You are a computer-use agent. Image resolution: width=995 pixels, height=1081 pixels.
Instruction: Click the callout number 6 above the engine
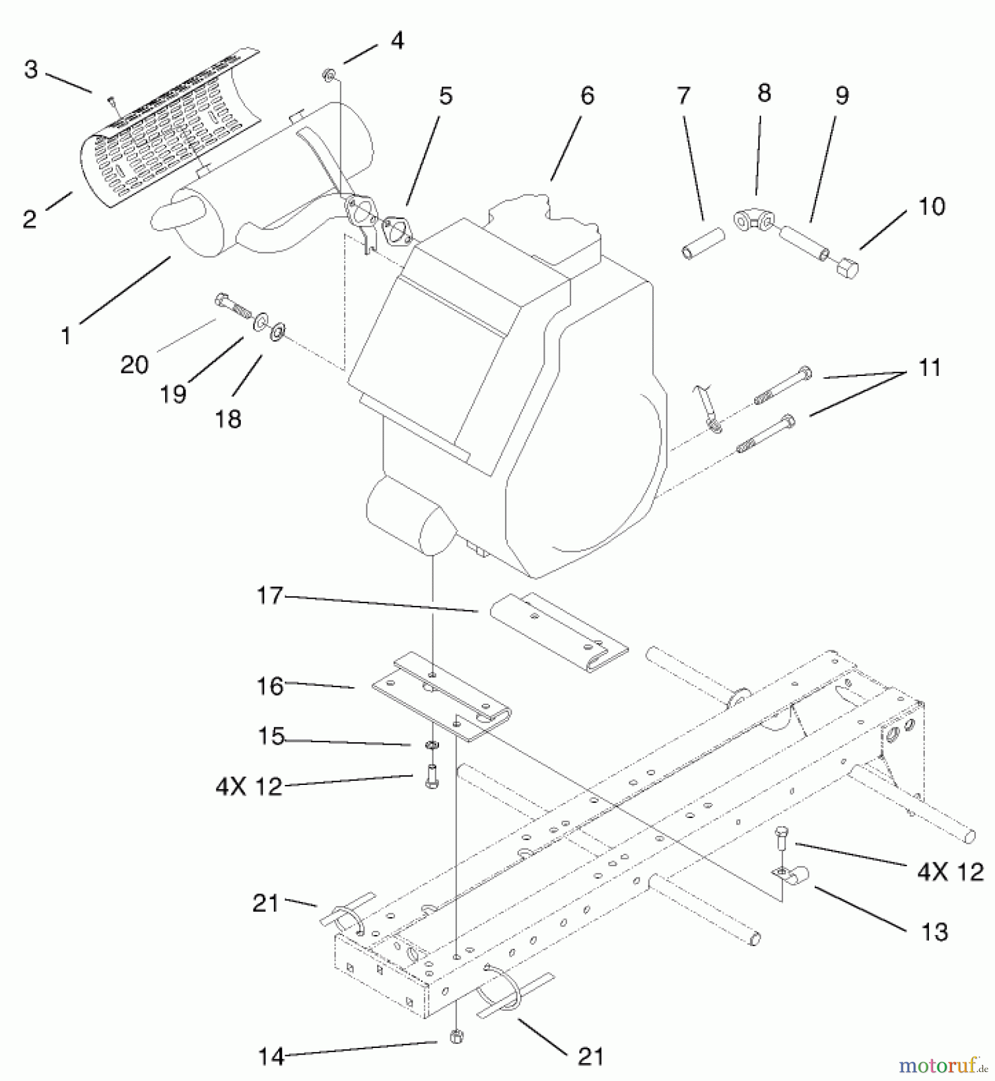[587, 96]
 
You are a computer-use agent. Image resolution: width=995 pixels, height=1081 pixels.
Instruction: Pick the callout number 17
[269, 596]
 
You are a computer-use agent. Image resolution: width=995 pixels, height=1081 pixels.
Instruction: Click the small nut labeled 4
[329, 76]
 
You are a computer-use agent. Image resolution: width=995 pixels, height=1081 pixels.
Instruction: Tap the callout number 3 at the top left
[31, 70]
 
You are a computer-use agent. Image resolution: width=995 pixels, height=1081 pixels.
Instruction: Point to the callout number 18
[228, 419]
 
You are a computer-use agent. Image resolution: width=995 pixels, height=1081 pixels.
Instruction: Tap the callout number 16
[270, 686]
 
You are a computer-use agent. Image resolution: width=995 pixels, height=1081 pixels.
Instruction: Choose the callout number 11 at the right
[930, 368]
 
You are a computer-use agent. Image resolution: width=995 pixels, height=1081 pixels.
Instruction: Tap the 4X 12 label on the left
[249, 786]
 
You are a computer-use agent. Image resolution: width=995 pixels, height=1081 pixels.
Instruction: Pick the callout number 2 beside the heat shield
[30, 219]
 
